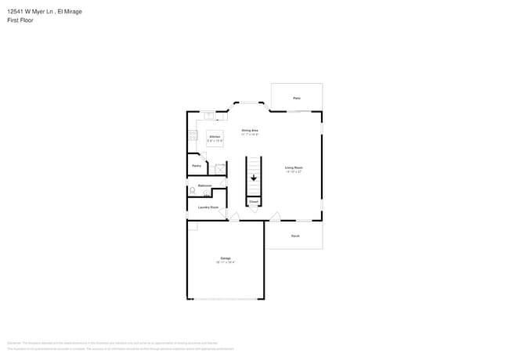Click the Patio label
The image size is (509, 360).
[297, 98]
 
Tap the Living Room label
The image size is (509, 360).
[294, 167]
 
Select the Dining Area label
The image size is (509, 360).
[250, 130]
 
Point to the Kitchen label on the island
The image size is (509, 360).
[215, 137]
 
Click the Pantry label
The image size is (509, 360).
[197, 166]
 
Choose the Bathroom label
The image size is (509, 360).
[205, 185]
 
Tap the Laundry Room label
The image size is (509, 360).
[208, 207]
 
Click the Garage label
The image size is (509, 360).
[225, 257]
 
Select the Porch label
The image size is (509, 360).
[294, 235]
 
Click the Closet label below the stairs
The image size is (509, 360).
[254, 201]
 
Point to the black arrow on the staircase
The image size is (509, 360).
[254, 178]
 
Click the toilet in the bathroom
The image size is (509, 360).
[193, 190]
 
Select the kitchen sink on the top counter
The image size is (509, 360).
[210, 116]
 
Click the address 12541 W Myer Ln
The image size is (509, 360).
[31, 12]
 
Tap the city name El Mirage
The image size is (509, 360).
[70, 12]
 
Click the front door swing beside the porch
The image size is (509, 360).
[275, 216]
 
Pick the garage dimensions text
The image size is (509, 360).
[226, 262]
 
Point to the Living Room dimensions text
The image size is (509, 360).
[294, 171]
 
